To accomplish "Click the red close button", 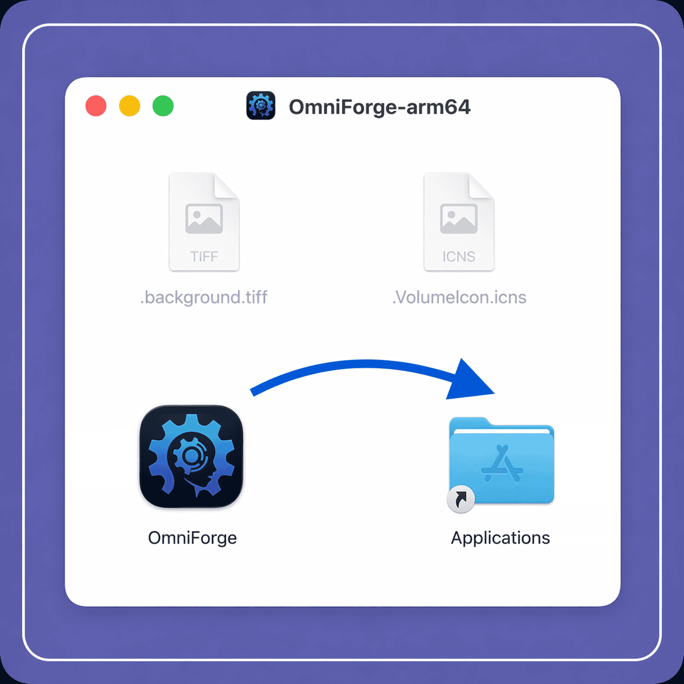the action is pyautogui.click(x=96, y=106).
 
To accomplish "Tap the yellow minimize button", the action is pyautogui.click(x=130, y=106).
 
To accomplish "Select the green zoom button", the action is pyautogui.click(x=163, y=106).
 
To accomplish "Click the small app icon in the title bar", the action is pyautogui.click(x=261, y=105).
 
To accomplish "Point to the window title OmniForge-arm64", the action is pyautogui.click(x=380, y=107).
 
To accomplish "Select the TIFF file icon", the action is pyautogui.click(x=204, y=222).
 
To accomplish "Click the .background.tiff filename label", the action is pyautogui.click(x=204, y=297).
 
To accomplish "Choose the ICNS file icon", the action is pyautogui.click(x=459, y=222).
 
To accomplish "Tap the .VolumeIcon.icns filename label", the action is pyautogui.click(x=459, y=297).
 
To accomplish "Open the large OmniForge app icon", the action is pyautogui.click(x=191, y=457).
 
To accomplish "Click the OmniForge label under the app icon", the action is pyautogui.click(x=192, y=538).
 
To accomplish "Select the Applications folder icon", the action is pyautogui.click(x=501, y=461).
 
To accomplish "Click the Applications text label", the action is pyautogui.click(x=501, y=538).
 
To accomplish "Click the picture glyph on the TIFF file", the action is pyautogui.click(x=204, y=219).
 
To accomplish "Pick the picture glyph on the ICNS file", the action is pyautogui.click(x=459, y=219).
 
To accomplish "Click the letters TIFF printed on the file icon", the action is pyautogui.click(x=204, y=256).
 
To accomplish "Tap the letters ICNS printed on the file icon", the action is pyautogui.click(x=459, y=256).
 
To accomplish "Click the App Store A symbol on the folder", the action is pyautogui.click(x=502, y=464).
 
